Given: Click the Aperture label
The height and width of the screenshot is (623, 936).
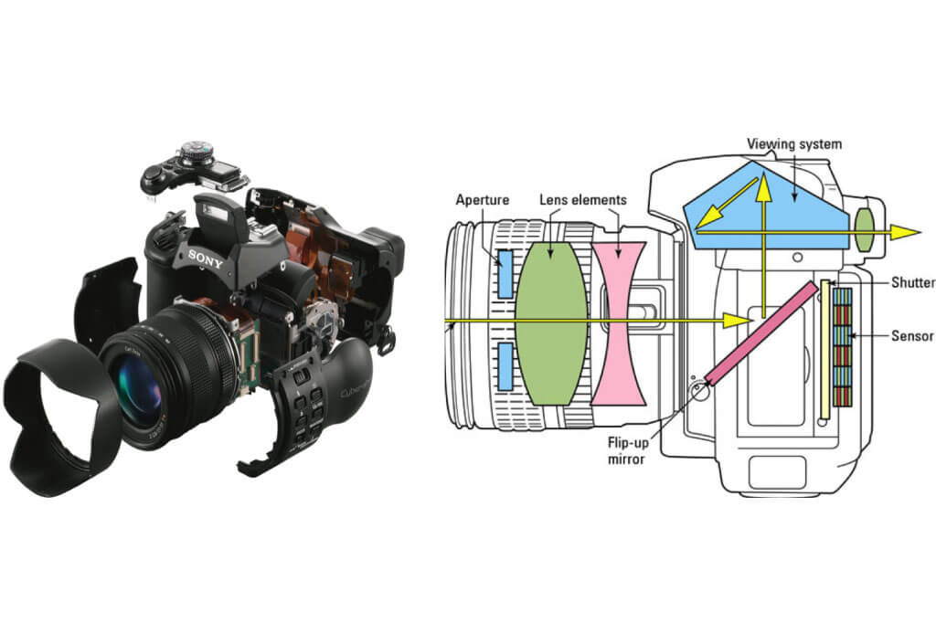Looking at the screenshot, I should pyautogui.click(x=484, y=198).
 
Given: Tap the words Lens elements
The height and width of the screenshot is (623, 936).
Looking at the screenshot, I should pyautogui.click(x=581, y=198).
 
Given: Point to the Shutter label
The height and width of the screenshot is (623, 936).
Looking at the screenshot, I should pyautogui.click(x=911, y=282).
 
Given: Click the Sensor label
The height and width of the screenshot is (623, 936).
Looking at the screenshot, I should pyautogui.click(x=912, y=336).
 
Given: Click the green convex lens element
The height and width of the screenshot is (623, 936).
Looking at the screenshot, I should pyautogui.click(x=550, y=321).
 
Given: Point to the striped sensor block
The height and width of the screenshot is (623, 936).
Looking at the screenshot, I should pyautogui.click(x=842, y=347).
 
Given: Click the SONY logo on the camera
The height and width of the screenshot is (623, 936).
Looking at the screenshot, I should pyautogui.click(x=206, y=256).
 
